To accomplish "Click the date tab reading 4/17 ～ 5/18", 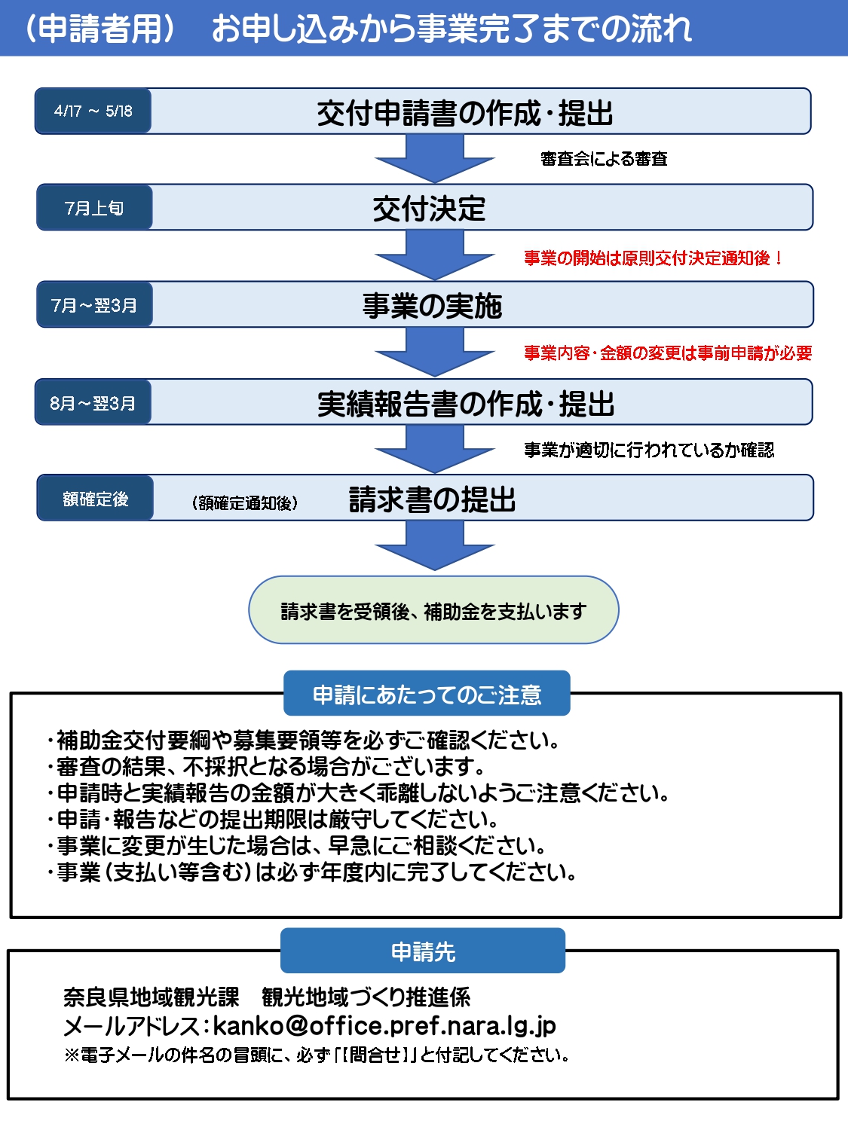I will click(93, 111).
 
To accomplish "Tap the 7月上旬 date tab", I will click(94, 208).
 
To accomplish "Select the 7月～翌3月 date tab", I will click(94, 305).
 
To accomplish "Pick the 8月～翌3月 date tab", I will click(93, 403).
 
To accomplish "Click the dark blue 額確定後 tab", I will click(95, 499).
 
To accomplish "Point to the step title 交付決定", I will click(429, 209).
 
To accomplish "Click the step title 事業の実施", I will click(432, 306).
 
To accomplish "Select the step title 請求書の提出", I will click(432, 499).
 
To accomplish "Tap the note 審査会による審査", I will click(604, 159).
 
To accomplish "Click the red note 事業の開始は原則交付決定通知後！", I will click(654, 258).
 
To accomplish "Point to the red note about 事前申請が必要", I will click(668, 353).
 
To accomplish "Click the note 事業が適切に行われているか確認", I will click(649, 450).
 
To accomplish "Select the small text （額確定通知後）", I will click(245, 502).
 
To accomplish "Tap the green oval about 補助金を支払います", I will click(433, 611).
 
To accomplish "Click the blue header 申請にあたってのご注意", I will click(427, 694).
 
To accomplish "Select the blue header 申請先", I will click(423, 951).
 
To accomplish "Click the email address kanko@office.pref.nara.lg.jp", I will click(384, 1025).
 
